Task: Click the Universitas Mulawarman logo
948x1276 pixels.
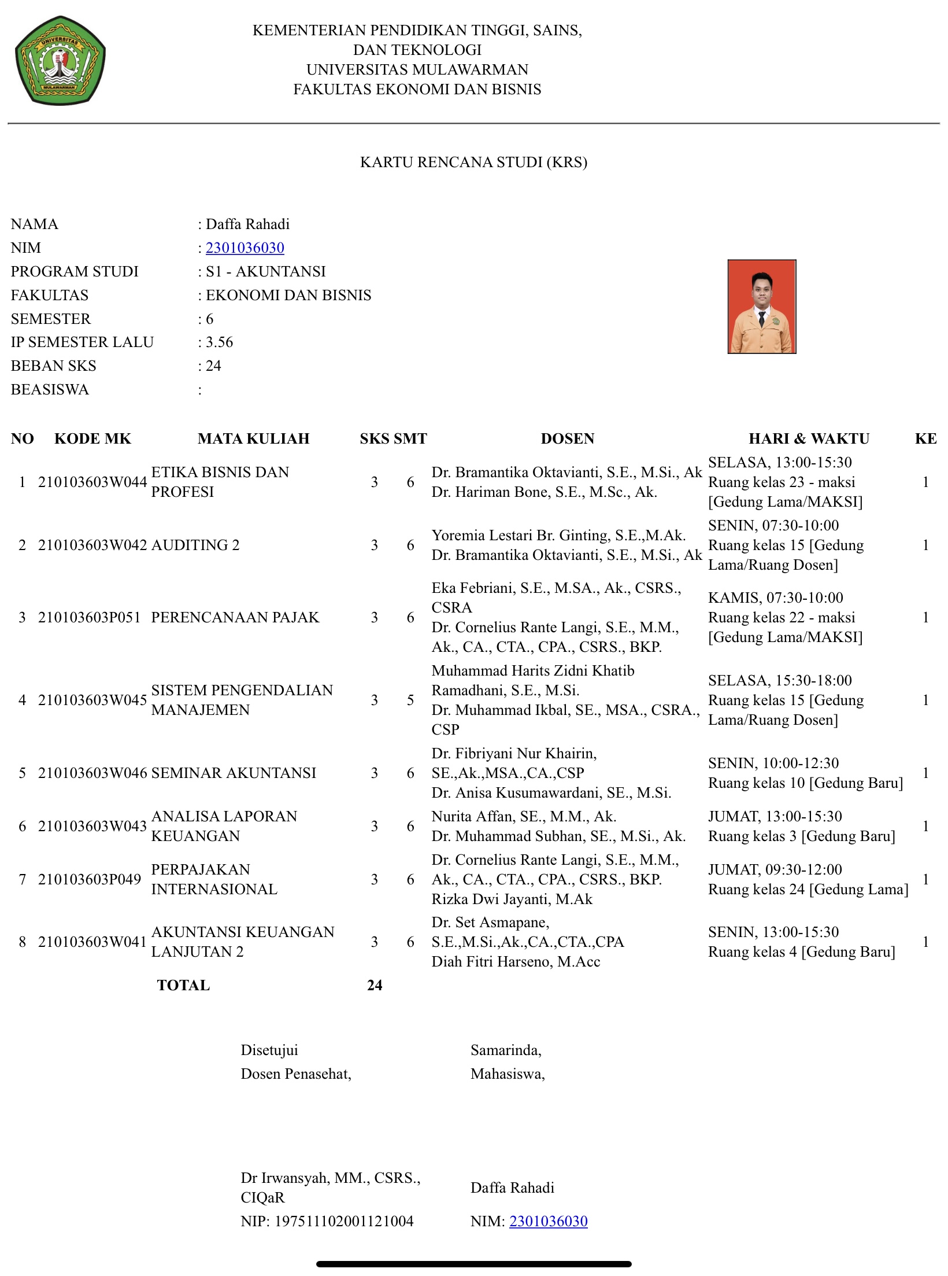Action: pos(60,61)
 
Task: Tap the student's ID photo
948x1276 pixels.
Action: pos(761,306)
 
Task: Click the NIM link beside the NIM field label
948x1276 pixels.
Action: pos(245,248)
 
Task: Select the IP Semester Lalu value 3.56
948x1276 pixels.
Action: pos(219,342)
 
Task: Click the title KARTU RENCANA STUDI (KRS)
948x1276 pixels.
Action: pos(473,162)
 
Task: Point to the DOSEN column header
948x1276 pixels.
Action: pos(567,438)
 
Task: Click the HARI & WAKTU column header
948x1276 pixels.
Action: pos(809,438)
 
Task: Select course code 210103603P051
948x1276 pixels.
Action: pos(90,617)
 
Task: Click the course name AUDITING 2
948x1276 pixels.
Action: pos(195,545)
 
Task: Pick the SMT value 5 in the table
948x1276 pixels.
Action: pos(410,700)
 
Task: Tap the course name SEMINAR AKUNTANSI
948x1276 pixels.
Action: pos(234,773)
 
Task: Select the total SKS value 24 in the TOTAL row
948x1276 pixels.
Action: pos(375,985)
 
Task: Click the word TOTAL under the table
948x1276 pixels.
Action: pos(183,985)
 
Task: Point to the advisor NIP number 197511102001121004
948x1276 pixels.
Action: pos(343,1221)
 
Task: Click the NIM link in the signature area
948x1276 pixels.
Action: pos(548,1221)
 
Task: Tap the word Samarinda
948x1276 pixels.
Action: pos(505,1050)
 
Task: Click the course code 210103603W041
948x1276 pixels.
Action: pos(92,942)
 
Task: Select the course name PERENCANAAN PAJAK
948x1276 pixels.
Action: pos(235,617)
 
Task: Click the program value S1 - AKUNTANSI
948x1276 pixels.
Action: pos(265,271)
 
